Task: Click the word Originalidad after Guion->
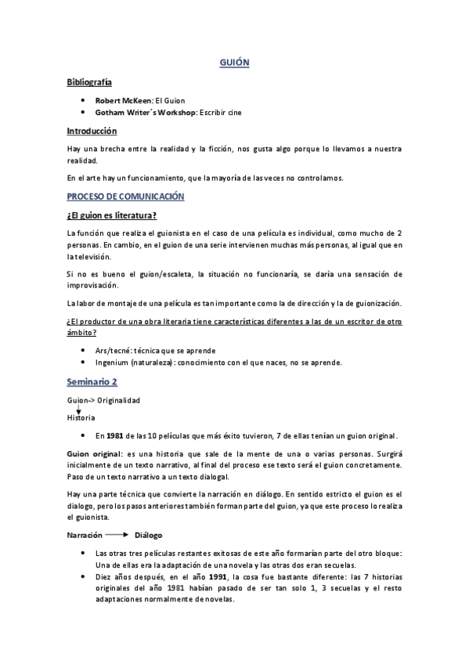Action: [118, 401]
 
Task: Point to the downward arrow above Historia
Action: [78, 410]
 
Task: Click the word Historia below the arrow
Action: [81, 418]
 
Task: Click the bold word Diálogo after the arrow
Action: [148, 536]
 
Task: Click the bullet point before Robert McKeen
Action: [82, 100]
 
